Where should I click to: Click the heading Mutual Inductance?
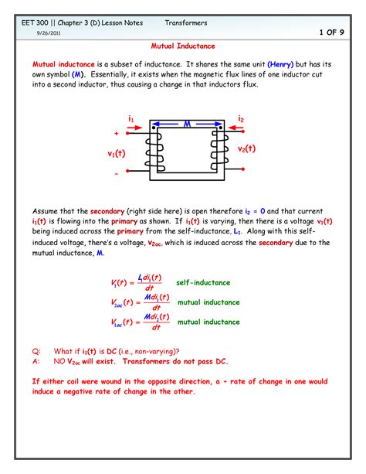182,46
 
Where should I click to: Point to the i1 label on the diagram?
132,118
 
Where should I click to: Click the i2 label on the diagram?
242,118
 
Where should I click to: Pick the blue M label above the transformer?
187,122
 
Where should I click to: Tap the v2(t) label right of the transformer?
246,148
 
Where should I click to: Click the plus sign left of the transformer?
117,133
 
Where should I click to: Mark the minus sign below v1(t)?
117,174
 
